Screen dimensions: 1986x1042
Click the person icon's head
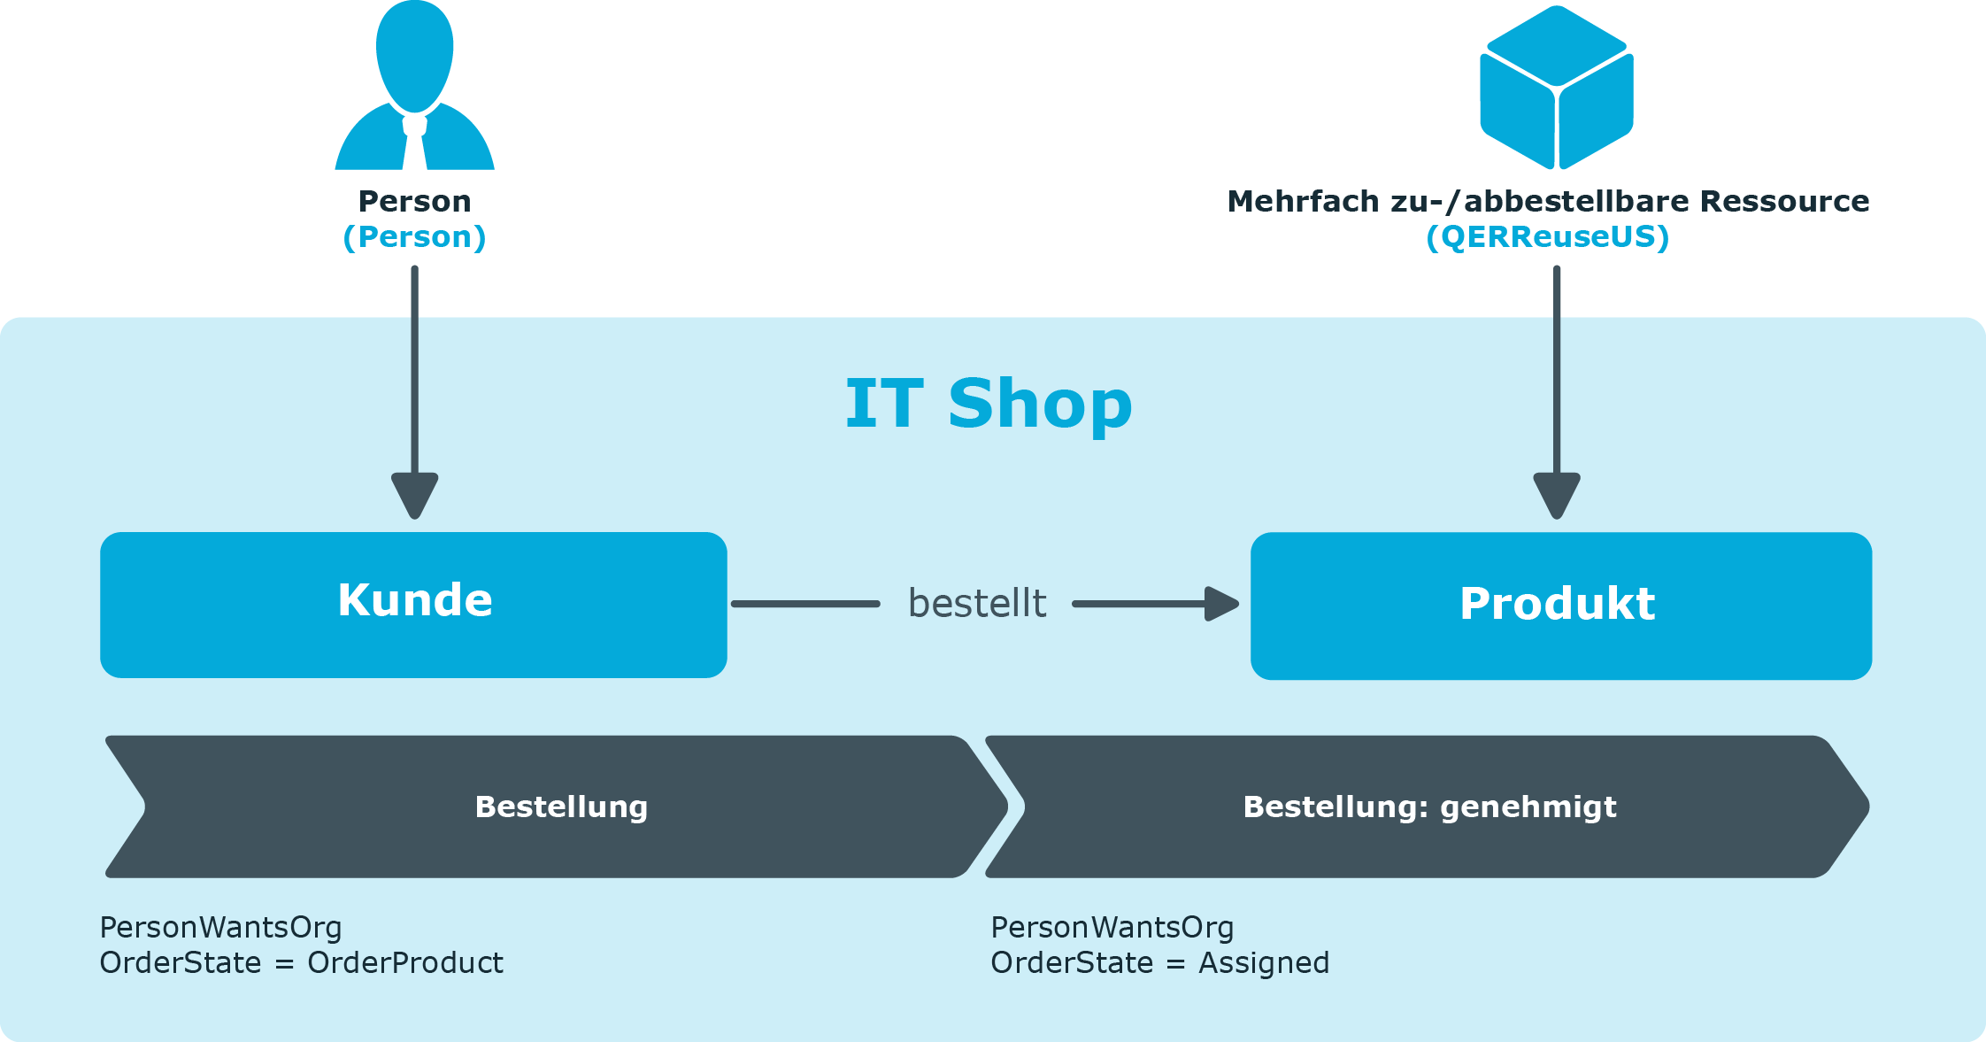click(414, 56)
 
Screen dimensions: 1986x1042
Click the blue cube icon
click(1557, 87)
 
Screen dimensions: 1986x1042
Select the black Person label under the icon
click(414, 202)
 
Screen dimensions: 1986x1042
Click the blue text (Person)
click(414, 237)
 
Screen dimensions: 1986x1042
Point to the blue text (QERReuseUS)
click(1548, 237)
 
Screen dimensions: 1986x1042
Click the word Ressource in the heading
click(1784, 202)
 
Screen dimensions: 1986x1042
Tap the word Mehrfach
click(1303, 202)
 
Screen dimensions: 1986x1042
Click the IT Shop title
click(989, 404)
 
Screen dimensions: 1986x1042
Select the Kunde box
click(413, 605)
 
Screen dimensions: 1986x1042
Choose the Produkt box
click(1561, 606)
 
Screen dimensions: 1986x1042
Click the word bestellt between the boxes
click(977, 604)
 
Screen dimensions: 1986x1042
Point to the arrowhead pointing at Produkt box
click(1221, 604)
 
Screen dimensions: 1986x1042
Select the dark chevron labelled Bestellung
click(556, 807)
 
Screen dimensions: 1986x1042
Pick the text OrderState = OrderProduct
click(301, 963)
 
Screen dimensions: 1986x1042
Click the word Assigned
click(1264, 963)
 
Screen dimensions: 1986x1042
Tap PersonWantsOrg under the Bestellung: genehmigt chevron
click(1112, 928)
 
